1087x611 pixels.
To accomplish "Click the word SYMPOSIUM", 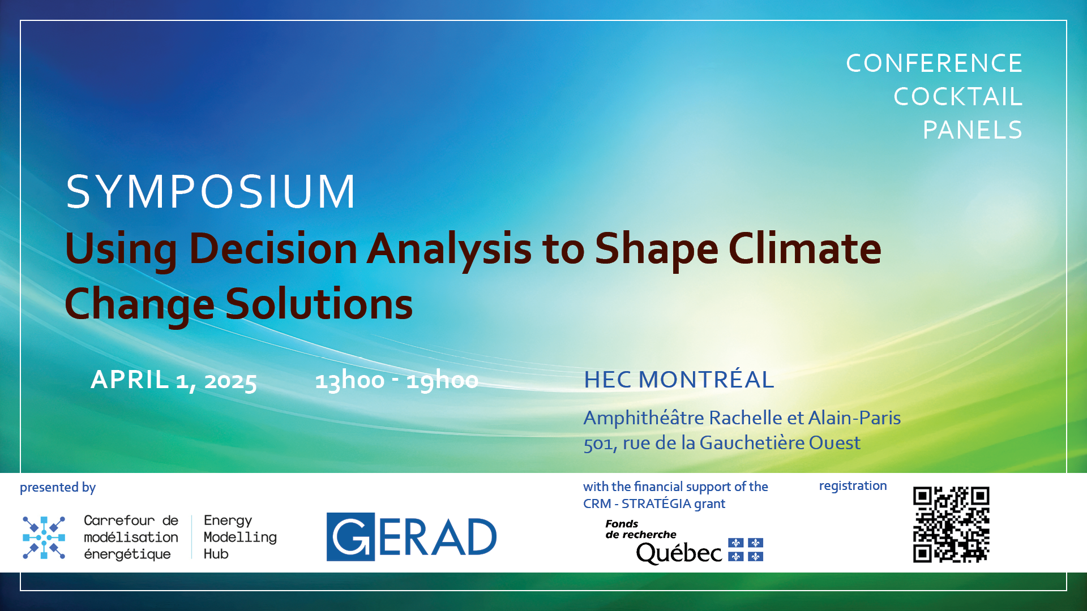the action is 211,191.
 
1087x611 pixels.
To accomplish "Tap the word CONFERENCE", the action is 934,63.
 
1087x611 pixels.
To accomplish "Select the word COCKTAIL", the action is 958,97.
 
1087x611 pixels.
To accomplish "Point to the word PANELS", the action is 973,130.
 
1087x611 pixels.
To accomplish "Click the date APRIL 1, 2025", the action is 174,380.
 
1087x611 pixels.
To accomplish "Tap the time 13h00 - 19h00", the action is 397,380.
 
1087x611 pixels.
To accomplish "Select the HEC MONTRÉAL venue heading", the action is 679,380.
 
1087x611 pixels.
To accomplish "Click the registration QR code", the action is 951,524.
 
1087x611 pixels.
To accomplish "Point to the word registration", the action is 853,486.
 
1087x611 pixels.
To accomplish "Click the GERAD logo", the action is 412,537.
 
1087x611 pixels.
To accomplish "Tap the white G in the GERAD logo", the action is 351,537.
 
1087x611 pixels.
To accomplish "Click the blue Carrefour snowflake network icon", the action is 44,537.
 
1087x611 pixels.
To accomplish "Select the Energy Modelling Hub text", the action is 240,537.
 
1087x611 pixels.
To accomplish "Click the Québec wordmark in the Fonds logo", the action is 679,553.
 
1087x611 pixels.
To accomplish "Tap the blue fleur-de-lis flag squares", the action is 746,549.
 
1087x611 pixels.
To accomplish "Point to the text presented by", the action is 58,488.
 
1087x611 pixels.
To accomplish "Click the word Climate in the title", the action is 804,249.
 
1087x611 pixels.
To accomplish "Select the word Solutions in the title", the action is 319,304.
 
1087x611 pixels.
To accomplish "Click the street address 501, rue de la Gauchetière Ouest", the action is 722,443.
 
